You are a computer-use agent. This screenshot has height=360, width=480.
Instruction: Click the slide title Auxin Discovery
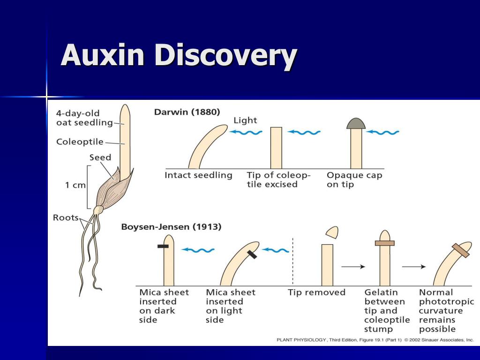tap(179, 55)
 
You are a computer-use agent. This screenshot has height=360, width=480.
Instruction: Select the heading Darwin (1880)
tap(187, 112)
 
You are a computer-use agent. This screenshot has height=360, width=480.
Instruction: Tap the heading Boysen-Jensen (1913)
tap(171, 227)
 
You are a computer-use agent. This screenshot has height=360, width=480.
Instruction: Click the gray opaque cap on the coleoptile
tap(356, 123)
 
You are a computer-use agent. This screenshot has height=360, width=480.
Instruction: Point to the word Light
tap(245, 120)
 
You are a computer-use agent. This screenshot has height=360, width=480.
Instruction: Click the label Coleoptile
tap(80, 142)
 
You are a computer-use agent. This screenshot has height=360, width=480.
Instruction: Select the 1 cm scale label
tap(75, 185)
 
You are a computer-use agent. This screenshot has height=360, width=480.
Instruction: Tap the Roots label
tap(66, 217)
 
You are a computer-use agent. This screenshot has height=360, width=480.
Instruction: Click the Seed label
tap(100, 157)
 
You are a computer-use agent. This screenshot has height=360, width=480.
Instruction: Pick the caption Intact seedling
tap(198, 175)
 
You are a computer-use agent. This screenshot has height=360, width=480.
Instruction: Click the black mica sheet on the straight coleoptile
tap(163, 246)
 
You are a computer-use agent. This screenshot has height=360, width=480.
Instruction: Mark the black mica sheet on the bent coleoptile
tap(252, 255)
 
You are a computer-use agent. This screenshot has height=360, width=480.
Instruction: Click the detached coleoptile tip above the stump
tap(332, 232)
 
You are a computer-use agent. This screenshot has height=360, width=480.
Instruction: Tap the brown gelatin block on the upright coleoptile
tap(385, 243)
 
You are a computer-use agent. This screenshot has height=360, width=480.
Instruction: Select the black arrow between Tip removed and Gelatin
tap(353, 267)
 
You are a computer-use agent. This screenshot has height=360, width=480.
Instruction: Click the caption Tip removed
tap(316, 292)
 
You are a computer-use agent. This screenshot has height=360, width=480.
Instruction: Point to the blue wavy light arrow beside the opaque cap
tap(382, 132)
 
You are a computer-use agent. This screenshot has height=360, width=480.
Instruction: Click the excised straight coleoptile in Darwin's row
tap(276, 148)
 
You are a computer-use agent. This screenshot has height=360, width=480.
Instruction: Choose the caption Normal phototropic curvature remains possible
tap(446, 311)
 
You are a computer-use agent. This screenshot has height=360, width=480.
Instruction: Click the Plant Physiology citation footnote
tap(375, 340)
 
